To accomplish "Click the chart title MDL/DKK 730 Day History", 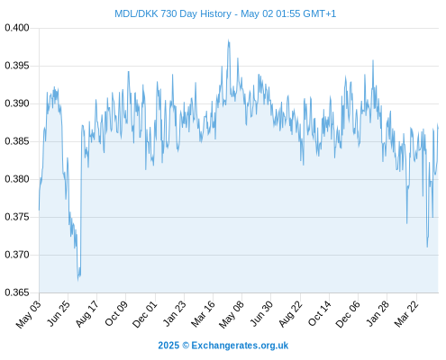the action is click(173, 13).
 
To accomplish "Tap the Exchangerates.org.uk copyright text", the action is click(240, 346).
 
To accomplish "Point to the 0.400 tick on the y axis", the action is click(17, 28).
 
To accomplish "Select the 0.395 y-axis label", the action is click(17, 66).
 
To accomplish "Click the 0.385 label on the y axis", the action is click(17, 141).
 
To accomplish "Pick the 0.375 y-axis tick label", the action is click(17, 217).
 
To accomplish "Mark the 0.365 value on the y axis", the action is click(17, 292).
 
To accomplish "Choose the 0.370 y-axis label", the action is click(17, 255).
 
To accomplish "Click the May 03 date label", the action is click(29, 313).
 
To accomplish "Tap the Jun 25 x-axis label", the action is click(59, 312).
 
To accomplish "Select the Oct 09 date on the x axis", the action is click(116, 313).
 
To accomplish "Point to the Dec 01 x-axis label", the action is click(145, 313).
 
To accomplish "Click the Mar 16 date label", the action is click(204, 313).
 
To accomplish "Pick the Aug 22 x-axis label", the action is click(290, 313).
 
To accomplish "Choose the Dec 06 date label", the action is click(348, 313).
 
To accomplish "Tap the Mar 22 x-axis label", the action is click(406, 313).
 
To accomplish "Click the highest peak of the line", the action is click(229, 40).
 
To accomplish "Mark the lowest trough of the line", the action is click(77, 280).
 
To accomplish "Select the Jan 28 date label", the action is click(378, 313).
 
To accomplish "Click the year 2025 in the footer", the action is click(168, 346).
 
